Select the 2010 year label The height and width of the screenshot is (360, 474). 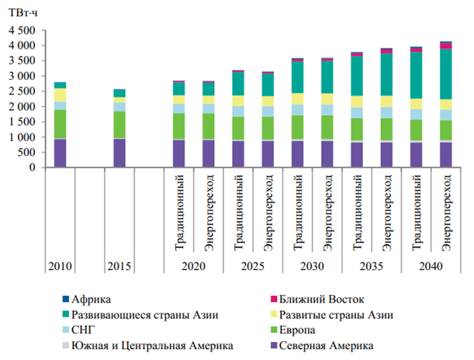coord(60,267)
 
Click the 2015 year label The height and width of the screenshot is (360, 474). coord(119,267)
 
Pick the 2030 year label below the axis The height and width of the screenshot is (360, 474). coord(312,267)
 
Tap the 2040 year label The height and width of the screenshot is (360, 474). coord(427,267)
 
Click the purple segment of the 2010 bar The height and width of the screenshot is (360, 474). coord(60,153)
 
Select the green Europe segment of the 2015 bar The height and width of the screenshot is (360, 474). coord(119,125)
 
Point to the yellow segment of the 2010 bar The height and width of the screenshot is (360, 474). coord(60,95)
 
